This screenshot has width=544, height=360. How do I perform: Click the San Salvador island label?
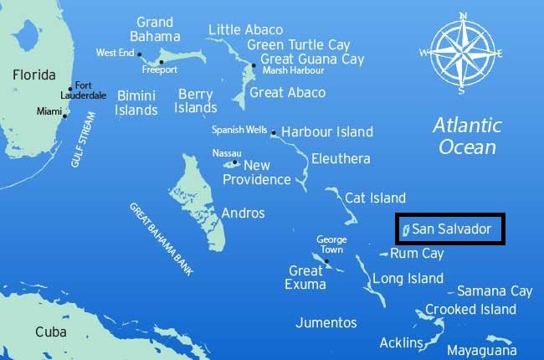click(457, 228)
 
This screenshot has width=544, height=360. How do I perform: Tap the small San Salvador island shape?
click(405, 229)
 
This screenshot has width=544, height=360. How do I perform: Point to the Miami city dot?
click(64, 116)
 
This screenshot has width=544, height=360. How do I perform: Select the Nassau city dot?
click(235, 162)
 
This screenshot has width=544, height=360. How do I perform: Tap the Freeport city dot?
click(162, 61)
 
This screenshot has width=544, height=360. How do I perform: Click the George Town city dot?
click(327, 262)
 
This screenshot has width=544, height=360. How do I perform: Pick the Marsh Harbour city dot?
click(254, 65)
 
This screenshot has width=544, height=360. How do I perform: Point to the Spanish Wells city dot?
click(273, 132)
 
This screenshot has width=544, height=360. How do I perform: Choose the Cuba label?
click(50, 332)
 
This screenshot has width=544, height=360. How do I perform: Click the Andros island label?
click(243, 213)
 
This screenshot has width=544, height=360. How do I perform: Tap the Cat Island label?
click(376, 198)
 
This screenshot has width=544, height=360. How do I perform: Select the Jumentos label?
click(326, 322)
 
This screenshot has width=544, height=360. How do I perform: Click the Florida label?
click(34, 75)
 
